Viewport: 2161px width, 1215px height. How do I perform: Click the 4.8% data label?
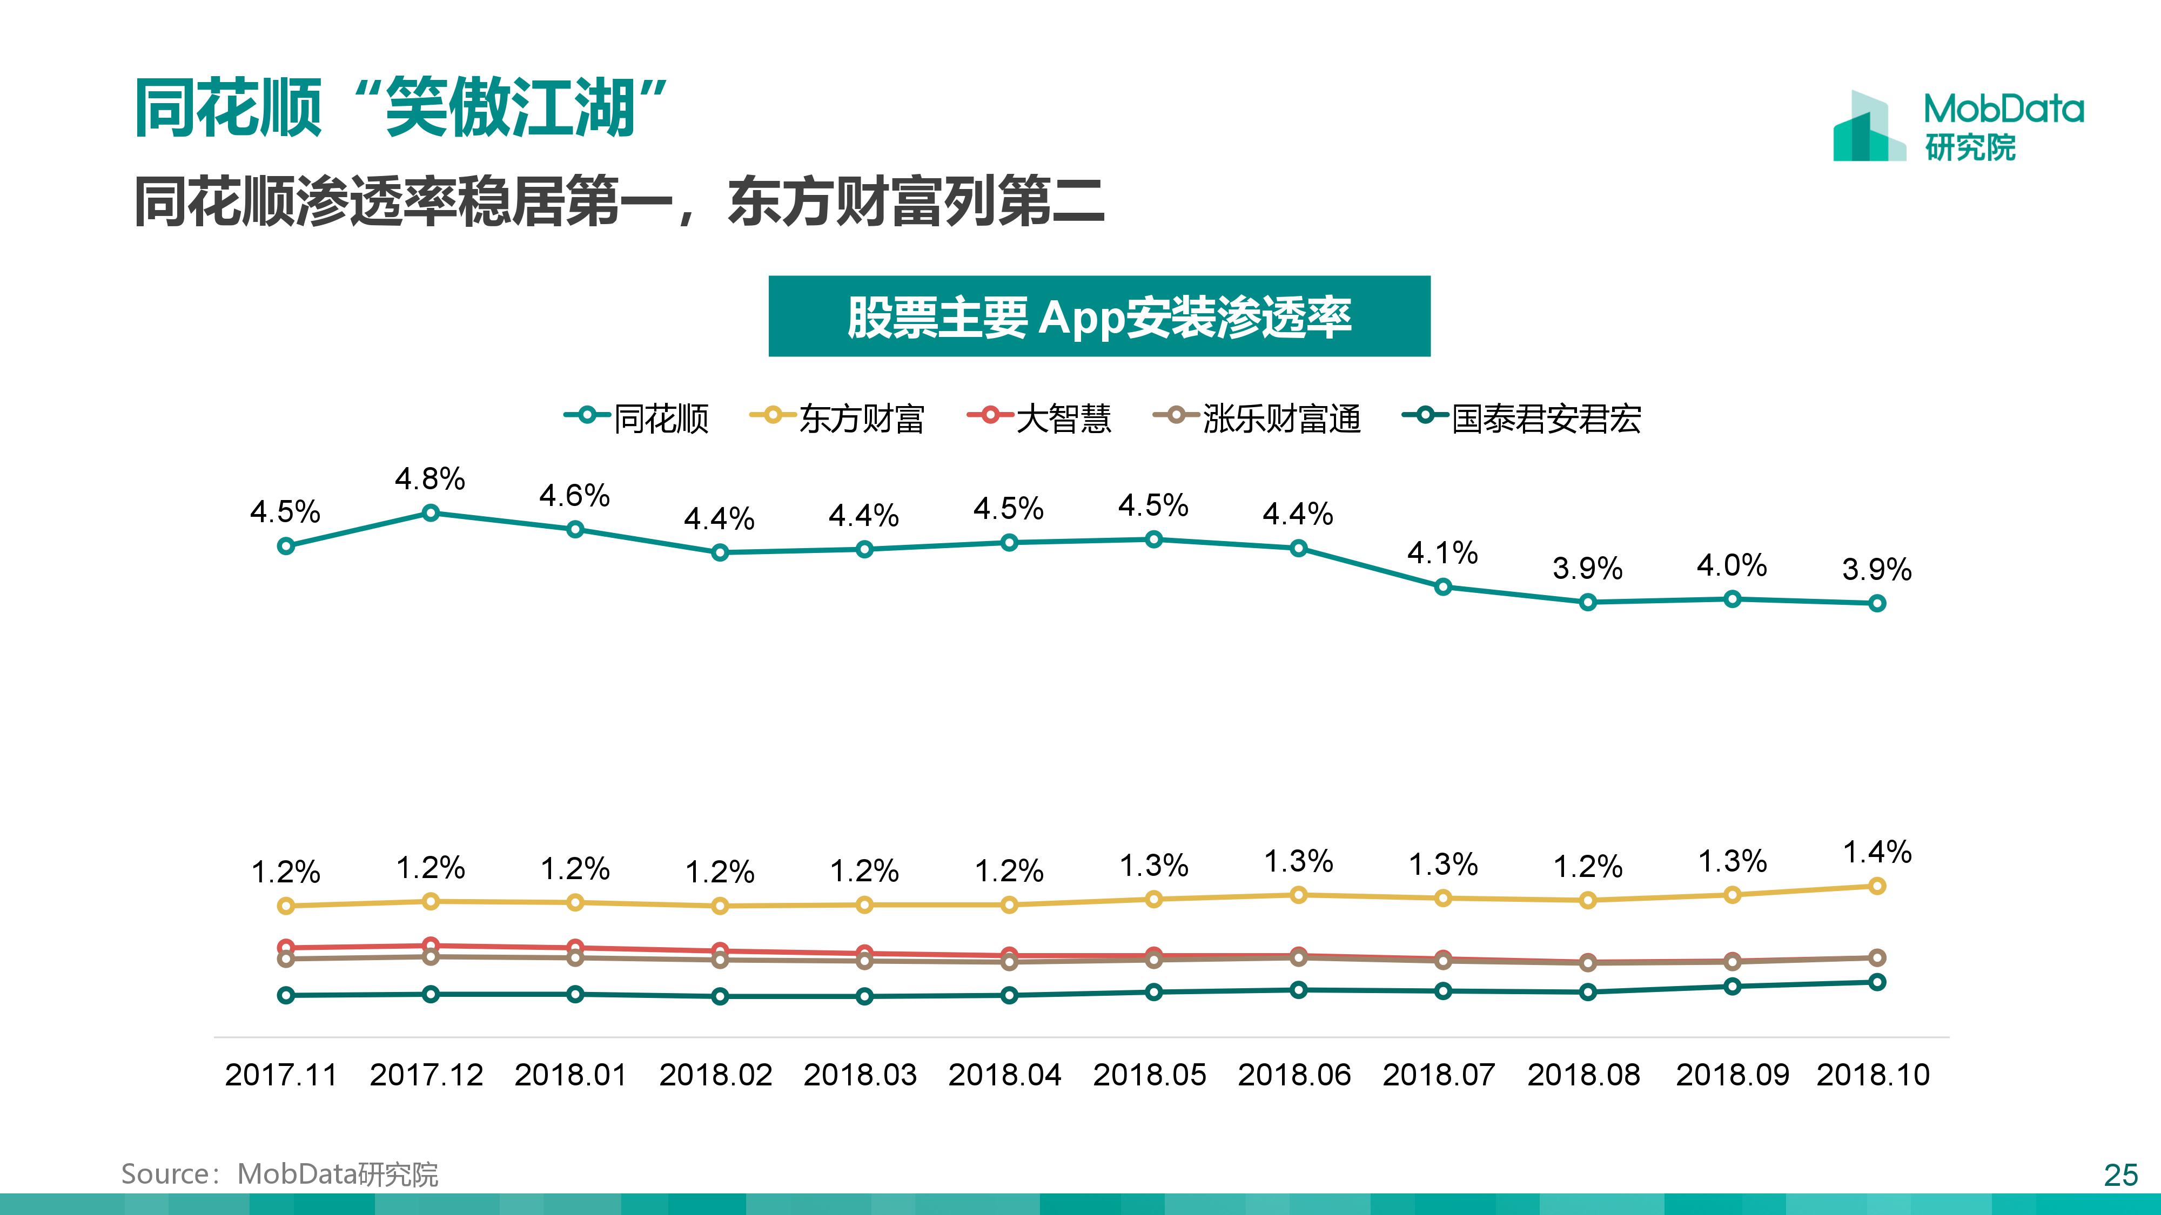(429, 480)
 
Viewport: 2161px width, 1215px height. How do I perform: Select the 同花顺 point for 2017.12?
(431, 513)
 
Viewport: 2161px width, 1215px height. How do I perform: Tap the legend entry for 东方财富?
(837, 417)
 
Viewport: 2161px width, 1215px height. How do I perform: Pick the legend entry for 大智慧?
(1039, 417)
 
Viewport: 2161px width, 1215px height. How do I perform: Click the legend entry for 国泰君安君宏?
(1522, 417)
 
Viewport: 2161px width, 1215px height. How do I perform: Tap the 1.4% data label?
(1877, 853)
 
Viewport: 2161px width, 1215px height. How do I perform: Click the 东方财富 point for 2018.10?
(1877, 886)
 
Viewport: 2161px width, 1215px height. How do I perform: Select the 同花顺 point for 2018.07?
(1443, 587)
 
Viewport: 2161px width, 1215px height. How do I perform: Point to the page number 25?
(2120, 1176)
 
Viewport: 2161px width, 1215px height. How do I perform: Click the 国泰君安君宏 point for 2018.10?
(1877, 982)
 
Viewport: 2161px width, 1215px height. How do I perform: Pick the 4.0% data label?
(1732, 566)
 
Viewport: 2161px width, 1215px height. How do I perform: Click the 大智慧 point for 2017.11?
(286, 948)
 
